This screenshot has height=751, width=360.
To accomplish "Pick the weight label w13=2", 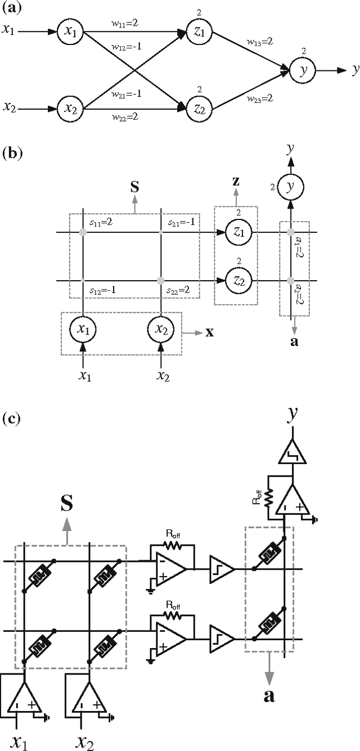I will (259, 42).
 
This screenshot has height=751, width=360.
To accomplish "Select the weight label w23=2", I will (259, 98).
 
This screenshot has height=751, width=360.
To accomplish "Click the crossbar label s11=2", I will (103, 223).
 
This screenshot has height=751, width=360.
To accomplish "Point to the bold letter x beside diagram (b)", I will (209, 332).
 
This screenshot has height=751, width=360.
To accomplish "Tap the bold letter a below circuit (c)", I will (269, 696).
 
